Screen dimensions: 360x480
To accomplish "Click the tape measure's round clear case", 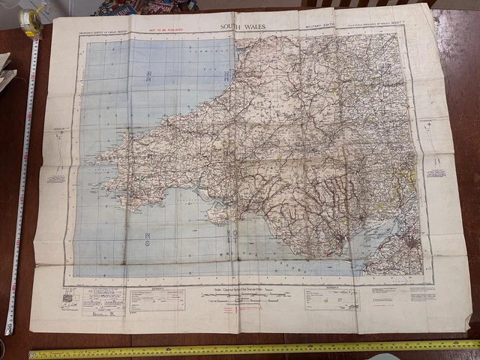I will coord(31,22).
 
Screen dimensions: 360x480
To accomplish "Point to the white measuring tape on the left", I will coord(20,187).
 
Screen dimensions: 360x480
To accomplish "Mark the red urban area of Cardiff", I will coord(341,241).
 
